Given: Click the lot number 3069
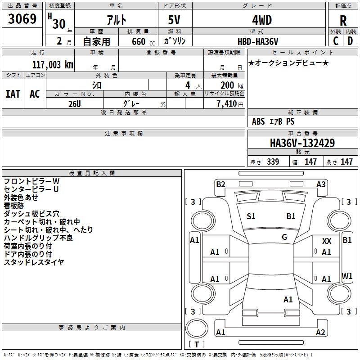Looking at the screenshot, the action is tap(22, 18).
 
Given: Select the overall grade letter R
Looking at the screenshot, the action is tap(343, 21).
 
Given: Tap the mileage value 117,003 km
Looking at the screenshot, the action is tap(53, 65).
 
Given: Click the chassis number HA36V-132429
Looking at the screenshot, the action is tap(302, 143).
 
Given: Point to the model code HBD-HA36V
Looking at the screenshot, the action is tap(258, 41).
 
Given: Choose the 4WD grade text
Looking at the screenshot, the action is tap(262, 20).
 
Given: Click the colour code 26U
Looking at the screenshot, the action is tap(75, 104).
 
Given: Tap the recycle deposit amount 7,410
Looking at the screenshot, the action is tap(227, 104).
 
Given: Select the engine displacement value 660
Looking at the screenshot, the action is tap(139, 41).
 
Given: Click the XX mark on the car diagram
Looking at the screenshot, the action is tap(327, 241).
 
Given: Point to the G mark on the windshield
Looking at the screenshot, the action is tap(284, 237).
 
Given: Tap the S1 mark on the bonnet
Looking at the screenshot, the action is tap(251, 216).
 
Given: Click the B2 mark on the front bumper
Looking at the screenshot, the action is tap(220, 184).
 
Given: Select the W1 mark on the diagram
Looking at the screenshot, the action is tap(347, 276).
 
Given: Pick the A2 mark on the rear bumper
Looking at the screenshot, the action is tap(320, 332).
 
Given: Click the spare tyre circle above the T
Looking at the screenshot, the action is tap(197, 328).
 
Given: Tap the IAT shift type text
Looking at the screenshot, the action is tap(13, 94).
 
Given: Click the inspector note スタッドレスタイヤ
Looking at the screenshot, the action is tap(34, 262).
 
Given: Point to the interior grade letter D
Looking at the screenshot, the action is tap(350, 41).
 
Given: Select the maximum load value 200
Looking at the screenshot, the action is tap(227, 85).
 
